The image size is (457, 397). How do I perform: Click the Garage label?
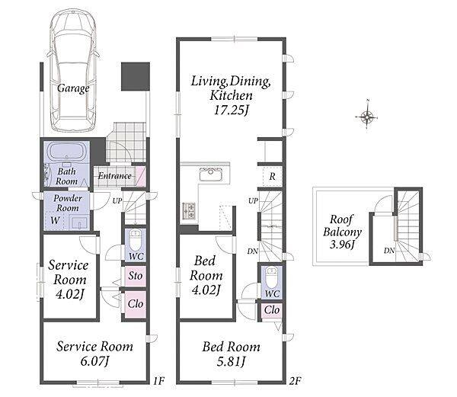pos(73,88)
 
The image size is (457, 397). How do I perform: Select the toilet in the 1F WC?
pos(136,239)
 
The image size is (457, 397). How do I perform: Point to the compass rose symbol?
pos(367,117)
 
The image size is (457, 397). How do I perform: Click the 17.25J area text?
pos(232,110)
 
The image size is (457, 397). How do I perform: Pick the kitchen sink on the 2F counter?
pos(211,174)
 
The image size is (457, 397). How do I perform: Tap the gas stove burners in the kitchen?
pos(189,211)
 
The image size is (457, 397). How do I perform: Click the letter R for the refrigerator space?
pos(273,176)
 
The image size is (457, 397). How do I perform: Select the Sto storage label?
pos(136,276)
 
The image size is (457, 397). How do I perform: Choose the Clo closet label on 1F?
pos(136,304)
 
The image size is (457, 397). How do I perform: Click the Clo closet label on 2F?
pos(272,310)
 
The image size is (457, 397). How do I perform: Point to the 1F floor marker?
pos(159,381)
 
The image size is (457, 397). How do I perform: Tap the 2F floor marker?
pos(295,381)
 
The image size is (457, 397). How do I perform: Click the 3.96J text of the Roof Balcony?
pos(342,245)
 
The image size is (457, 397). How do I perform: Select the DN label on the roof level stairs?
pos(389,251)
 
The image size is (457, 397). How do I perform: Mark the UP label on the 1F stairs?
pos(117,200)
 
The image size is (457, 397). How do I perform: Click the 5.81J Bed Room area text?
pos(231,362)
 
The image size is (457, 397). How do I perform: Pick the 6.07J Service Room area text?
pos(94,361)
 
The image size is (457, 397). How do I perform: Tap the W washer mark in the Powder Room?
pos(55,220)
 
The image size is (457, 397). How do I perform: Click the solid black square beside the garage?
pos(136,76)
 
